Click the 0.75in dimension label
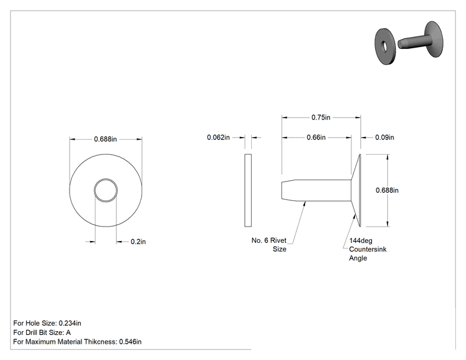click(321, 117)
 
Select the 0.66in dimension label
click(316, 137)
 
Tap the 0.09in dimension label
click(385, 137)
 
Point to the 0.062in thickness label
click(219, 137)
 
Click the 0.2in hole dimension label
click(138, 242)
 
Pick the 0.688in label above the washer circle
click(105, 139)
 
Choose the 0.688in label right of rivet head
click(387, 190)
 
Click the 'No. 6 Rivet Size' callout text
click(269, 245)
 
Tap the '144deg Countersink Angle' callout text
click(368, 249)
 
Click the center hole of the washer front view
click(106, 190)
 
